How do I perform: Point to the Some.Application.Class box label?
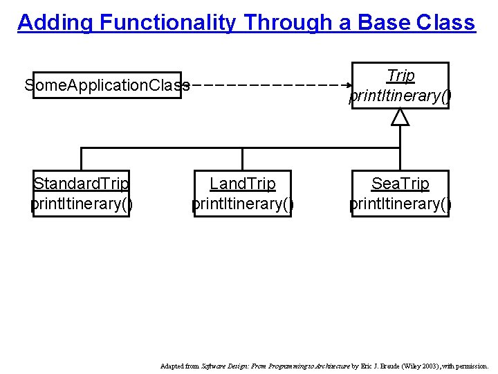click(107, 85)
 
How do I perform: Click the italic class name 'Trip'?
click(400, 75)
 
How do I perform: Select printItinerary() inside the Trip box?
click(400, 96)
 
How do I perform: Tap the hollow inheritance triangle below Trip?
click(400, 118)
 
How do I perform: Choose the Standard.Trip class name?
click(82, 184)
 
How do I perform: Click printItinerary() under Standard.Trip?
click(82, 204)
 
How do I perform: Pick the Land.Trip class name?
click(243, 184)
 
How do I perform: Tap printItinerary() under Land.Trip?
click(243, 204)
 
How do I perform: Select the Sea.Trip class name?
click(400, 184)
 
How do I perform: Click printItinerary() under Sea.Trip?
click(400, 204)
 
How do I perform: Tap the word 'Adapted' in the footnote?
click(172, 366)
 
